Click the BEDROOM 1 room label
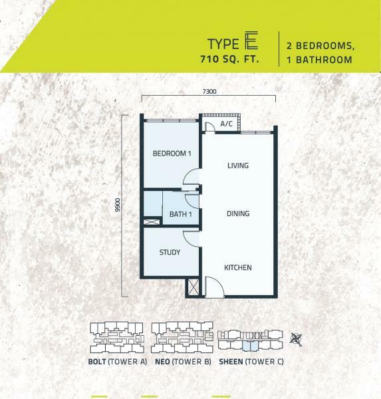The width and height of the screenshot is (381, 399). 172,154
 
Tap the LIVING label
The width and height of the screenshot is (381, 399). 238,166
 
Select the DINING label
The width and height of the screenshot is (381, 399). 238,213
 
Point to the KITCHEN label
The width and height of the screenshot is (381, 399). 238,267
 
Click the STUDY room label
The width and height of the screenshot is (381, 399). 170,252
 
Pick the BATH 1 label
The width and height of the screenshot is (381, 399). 180,214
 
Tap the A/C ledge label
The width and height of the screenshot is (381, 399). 226,124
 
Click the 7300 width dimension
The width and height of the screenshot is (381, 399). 209,91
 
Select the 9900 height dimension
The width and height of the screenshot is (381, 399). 117,205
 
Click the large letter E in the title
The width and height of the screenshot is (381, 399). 251,40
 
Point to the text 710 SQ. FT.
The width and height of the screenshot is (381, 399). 229,59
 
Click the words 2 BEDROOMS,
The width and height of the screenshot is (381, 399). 320,46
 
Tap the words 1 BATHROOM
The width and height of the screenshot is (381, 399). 319,60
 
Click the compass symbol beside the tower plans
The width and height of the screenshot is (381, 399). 297,339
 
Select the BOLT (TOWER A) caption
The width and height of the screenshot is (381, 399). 118,362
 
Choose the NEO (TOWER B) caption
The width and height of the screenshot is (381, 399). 183,362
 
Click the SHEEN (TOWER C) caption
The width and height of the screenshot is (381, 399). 251,362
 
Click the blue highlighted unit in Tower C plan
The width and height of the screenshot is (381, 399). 251,346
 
